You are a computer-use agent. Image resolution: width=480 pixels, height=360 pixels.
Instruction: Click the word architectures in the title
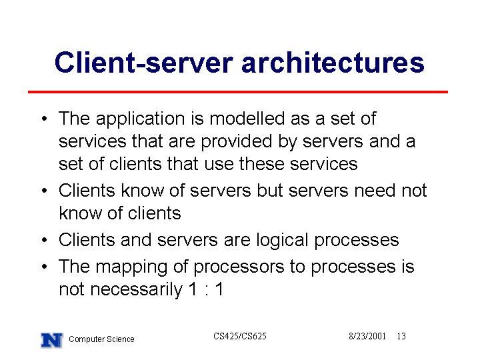(333, 63)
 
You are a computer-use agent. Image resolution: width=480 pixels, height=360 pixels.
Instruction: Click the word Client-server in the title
(144, 63)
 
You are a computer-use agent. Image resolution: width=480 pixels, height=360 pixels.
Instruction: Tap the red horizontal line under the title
(238, 91)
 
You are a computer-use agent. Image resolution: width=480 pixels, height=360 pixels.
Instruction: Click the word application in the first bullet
(141, 119)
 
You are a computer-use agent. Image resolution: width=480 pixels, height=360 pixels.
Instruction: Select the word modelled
(247, 118)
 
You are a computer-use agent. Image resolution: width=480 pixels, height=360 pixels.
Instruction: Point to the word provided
(237, 142)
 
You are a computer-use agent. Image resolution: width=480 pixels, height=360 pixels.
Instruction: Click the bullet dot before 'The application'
(45, 119)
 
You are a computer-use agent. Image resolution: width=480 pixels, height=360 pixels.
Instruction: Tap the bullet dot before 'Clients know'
(45, 191)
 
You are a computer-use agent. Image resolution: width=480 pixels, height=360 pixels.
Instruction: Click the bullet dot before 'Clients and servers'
(45, 240)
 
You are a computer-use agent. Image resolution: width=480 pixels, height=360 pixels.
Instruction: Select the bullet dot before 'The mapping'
(45, 266)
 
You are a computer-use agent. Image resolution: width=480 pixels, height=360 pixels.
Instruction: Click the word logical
(282, 240)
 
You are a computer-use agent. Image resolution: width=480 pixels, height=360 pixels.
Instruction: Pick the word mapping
(131, 267)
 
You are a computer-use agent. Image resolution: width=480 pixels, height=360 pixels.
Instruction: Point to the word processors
(239, 267)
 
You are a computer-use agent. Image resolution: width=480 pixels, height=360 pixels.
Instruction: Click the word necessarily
(136, 290)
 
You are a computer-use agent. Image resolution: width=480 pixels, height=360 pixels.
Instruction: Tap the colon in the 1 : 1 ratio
(207, 290)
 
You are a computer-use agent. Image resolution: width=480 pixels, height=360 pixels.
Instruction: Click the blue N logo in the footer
(52, 341)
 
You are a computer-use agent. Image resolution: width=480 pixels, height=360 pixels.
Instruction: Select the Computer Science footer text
(101, 339)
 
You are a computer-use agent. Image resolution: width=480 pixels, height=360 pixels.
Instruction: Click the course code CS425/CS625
(240, 336)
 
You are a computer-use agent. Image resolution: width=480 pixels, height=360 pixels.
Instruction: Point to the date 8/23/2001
(367, 336)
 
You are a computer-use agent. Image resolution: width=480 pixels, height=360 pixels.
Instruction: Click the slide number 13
(401, 336)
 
